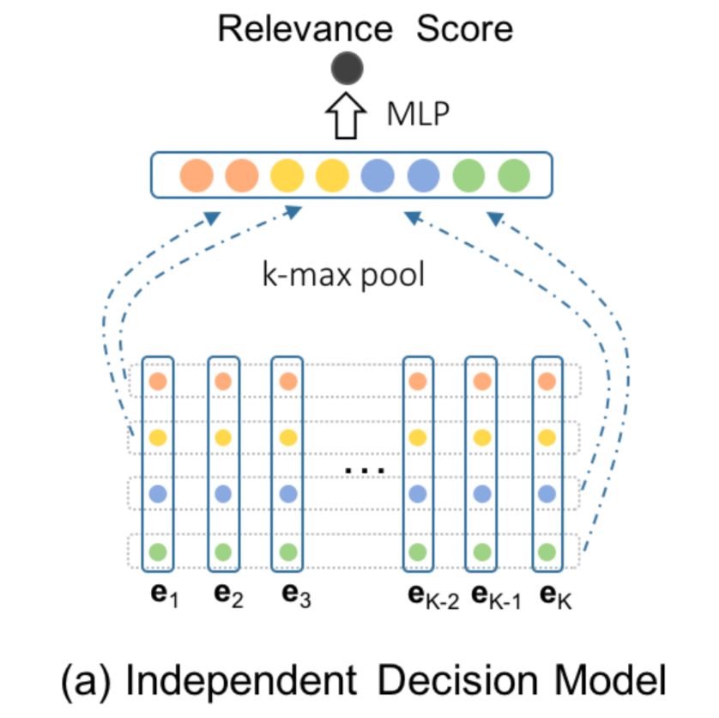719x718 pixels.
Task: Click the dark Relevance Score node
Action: pos(347,68)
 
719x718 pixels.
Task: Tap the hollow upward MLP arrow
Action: pos(346,115)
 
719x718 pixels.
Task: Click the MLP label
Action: pos(418,114)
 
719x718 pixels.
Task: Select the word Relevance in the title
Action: pos(305,28)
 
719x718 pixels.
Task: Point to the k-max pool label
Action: pos(343,275)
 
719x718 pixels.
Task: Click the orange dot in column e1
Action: pos(158,381)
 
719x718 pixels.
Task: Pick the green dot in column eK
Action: pos(547,552)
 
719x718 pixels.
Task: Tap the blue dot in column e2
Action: pos(223,494)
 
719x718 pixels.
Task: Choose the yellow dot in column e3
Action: pos(288,437)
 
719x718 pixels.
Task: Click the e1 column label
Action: pos(164,595)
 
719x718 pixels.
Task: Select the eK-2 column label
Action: pos(433,596)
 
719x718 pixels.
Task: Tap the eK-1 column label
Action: pos(496,596)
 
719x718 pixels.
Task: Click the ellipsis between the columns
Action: pos(365,470)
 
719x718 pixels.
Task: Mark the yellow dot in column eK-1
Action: pos(482,437)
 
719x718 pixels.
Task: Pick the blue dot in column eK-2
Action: pos(417,494)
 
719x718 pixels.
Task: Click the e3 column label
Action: pos(296,595)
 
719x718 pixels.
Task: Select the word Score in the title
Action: pos(464,28)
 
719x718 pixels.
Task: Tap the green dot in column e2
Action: pos(223,552)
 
